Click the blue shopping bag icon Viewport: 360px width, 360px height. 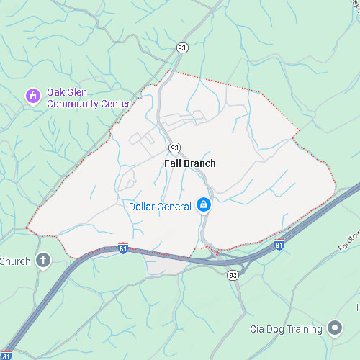tap(204, 206)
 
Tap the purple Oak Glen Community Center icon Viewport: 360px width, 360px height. tap(32, 95)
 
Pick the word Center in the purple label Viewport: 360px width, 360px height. tap(115, 104)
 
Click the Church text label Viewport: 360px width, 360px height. tap(14, 261)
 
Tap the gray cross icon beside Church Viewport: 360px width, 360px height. tap(43, 260)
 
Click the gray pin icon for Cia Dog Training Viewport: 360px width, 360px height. tap(334, 328)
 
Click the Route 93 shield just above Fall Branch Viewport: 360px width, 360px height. tap(175, 148)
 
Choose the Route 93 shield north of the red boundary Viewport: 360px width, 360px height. tap(183, 48)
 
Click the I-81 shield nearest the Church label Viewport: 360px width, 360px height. tap(123, 248)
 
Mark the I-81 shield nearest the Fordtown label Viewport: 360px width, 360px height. tap(279, 246)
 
